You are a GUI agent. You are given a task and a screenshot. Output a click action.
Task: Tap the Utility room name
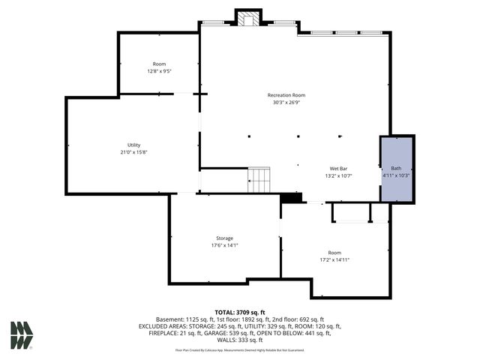(134, 145)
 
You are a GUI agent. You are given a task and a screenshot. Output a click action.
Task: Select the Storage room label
(224, 238)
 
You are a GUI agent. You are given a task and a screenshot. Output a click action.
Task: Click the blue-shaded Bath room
(397, 169)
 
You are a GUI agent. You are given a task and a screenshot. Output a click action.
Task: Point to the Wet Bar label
(337, 169)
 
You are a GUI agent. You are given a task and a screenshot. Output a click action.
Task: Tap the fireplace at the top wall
(248, 19)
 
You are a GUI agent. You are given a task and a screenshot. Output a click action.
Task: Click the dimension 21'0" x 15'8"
(134, 152)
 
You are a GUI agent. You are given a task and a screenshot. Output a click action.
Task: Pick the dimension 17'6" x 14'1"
(224, 245)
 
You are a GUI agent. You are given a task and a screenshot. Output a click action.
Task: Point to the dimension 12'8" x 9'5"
(159, 71)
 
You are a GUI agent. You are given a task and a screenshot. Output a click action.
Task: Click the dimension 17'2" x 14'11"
(334, 259)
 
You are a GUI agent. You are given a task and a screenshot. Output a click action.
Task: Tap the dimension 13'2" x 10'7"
(337, 175)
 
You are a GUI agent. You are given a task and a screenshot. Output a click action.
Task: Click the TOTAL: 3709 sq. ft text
(240, 312)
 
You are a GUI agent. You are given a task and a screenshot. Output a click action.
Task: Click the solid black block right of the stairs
(291, 197)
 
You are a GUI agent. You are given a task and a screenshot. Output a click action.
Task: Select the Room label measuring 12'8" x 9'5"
(159, 64)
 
